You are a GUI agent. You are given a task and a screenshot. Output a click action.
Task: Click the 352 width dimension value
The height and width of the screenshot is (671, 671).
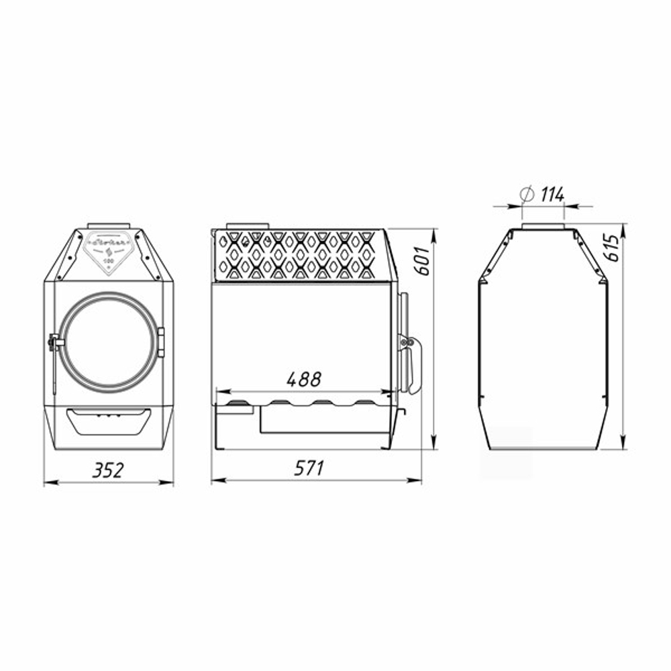click(108, 470)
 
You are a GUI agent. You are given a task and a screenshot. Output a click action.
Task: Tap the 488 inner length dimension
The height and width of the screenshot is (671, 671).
click(304, 379)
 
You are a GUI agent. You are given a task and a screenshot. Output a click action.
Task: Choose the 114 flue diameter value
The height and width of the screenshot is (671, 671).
click(552, 195)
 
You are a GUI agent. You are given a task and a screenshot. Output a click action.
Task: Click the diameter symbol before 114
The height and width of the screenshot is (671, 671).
click(527, 195)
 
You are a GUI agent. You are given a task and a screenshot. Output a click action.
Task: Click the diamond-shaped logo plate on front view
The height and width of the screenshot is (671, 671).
click(109, 251)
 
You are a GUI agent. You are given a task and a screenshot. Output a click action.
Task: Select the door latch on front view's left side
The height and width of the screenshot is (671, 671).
click(53, 343)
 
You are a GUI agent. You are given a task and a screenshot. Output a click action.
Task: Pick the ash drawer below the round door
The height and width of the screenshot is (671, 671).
click(109, 421)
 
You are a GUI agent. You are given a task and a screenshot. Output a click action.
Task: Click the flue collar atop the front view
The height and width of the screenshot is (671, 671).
click(109, 225)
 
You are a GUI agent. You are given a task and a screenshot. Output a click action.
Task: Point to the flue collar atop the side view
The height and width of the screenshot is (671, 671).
click(248, 225)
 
